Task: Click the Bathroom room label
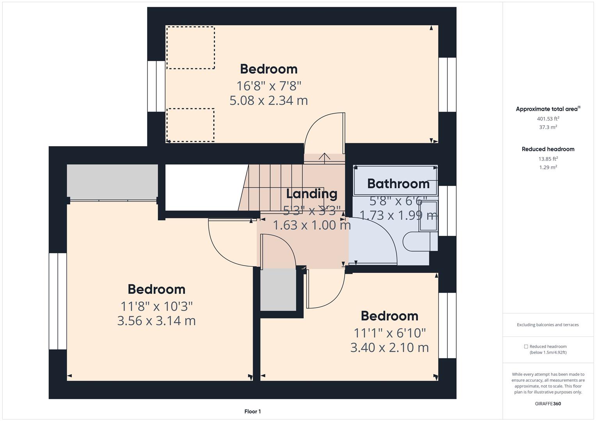398,184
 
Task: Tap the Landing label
311,194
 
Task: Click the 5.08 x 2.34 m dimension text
269,101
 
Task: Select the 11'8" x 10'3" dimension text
157,306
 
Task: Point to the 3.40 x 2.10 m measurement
389,347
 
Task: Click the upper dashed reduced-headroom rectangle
190,48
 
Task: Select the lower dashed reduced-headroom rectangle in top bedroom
190,125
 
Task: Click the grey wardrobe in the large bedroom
112,181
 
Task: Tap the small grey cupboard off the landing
278,290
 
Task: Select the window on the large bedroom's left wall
58,301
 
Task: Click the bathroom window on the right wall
447,211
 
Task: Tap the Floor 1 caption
253,411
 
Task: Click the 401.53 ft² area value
548,119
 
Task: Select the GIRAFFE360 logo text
548,403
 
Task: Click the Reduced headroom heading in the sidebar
548,149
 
